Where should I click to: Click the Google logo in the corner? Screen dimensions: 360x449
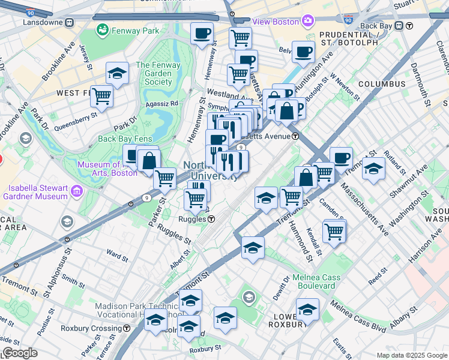(x=19, y=353)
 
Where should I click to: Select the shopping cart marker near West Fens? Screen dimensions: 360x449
(x=102, y=95)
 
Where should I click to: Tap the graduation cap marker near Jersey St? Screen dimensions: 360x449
(x=117, y=74)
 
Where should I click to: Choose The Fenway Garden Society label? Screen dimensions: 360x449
(x=158, y=74)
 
